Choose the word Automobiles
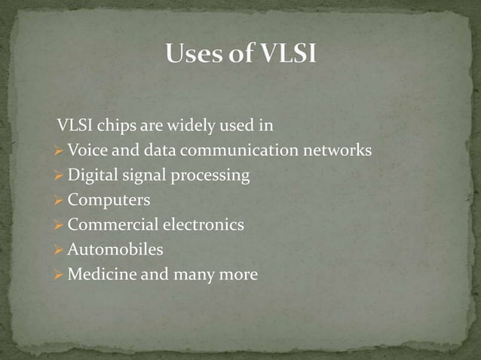click(x=115, y=249)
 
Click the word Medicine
click(x=97, y=274)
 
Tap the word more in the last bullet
click(x=239, y=275)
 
